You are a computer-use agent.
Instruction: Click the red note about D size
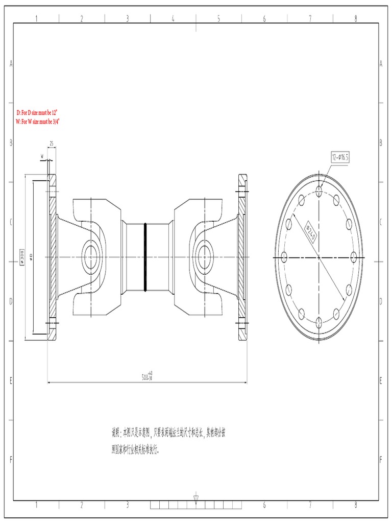pyautogui.click(x=37, y=112)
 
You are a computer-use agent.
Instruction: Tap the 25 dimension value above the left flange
pyautogui.click(x=52, y=144)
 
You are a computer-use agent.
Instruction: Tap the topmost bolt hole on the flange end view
pyautogui.click(x=319, y=191)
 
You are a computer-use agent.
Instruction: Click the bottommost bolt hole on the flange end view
pyautogui.click(x=319, y=321)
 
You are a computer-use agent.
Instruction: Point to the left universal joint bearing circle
pyautogui.click(x=92, y=253)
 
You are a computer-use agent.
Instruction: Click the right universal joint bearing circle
pyautogui.click(x=205, y=253)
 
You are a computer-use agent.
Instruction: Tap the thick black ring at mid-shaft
pyautogui.click(x=145, y=257)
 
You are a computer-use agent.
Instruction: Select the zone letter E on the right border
pyautogui.click(x=381, y=381)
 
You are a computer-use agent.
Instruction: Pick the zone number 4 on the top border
pyautogui.click(x=173, y=18)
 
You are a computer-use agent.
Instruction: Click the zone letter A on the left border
pyautogui.click(x=11, y=64)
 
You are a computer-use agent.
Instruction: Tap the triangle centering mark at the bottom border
pyautogui.click(x=196, y=497)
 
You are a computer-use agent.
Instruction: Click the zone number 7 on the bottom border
pyautogui.click(x=310, y=505)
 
